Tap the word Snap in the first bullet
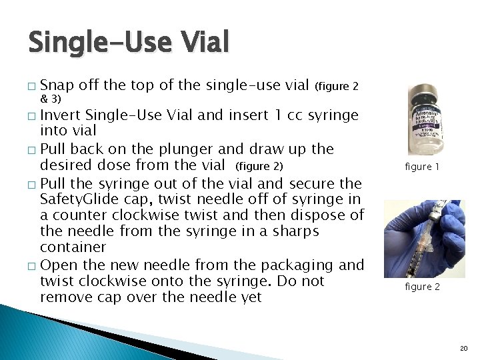tap(57, 85)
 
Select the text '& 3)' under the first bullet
tap(51, 99)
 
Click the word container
tap(73, 247)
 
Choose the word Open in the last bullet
tap(58, 264)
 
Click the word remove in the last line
tap(64, 297)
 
